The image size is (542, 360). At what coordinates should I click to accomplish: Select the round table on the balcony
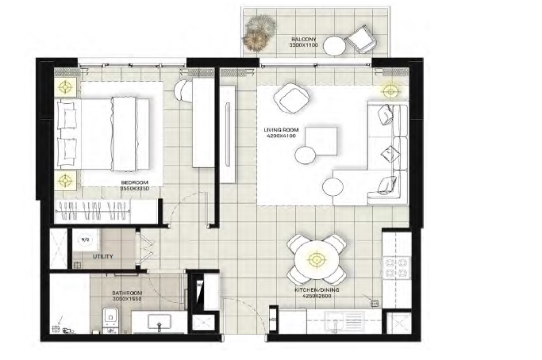point(334,47)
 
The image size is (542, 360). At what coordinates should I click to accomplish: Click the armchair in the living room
point(289,99)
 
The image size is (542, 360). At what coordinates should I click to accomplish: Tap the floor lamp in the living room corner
point(390,90)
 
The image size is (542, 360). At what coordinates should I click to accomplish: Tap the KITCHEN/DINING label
point(317,292)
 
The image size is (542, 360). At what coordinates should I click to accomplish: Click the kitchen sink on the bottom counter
point(344,324)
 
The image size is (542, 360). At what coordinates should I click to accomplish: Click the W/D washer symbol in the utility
point(85,237)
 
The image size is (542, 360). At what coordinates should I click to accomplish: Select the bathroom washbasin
point(156,324)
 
